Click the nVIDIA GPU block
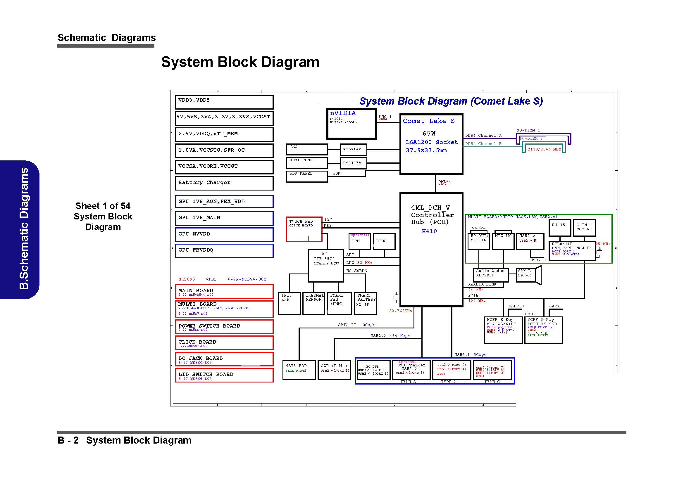coord(351,124)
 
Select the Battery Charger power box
coord(224,183)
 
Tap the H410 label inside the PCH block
coord(429,231)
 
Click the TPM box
coord(360,241)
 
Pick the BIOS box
coord(384,241)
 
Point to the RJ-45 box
coord(559,228)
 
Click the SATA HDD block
coord(299,370)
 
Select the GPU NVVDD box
coord(224,235)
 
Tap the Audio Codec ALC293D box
coord(490,275)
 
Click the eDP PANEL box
coord(306,176)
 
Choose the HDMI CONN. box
coord(306,162)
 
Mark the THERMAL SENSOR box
coord(313,303)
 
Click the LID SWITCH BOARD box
coord(224,375)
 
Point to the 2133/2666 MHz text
coord(544,149)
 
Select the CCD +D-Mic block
coord(334,370)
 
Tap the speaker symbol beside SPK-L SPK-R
coord(538,275)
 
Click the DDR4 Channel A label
coord(483,136)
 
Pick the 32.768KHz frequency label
coord(400,311)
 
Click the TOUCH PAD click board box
coord(304,229)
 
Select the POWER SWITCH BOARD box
coord(224,326)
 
